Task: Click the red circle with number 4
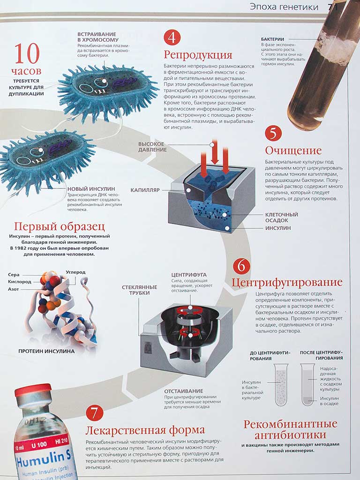[172, 37]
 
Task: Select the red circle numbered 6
[241, 266]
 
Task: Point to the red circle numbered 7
[95, 412]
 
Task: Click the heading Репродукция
[198, 55]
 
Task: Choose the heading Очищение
[293, 150]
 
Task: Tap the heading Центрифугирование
[287, 283]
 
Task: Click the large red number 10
[27, 53]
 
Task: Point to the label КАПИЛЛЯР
[145, 190]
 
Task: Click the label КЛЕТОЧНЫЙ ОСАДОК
[281, 217]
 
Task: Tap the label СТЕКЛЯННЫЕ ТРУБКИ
[135, 290]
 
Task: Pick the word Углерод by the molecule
[75, 272]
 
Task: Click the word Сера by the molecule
[14, 275]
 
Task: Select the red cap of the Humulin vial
[34, 390]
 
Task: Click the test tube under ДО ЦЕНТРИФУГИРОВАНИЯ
[281, 384]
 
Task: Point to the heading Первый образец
[60, 226]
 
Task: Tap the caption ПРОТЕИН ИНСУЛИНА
[46, 351]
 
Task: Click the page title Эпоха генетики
[284, 7]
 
